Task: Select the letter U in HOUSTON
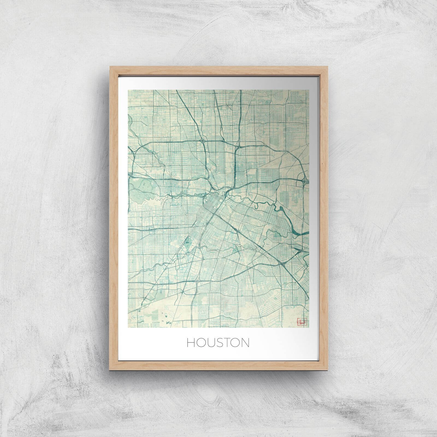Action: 210,343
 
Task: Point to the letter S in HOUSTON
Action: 218,343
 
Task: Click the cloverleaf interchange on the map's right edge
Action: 305,181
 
